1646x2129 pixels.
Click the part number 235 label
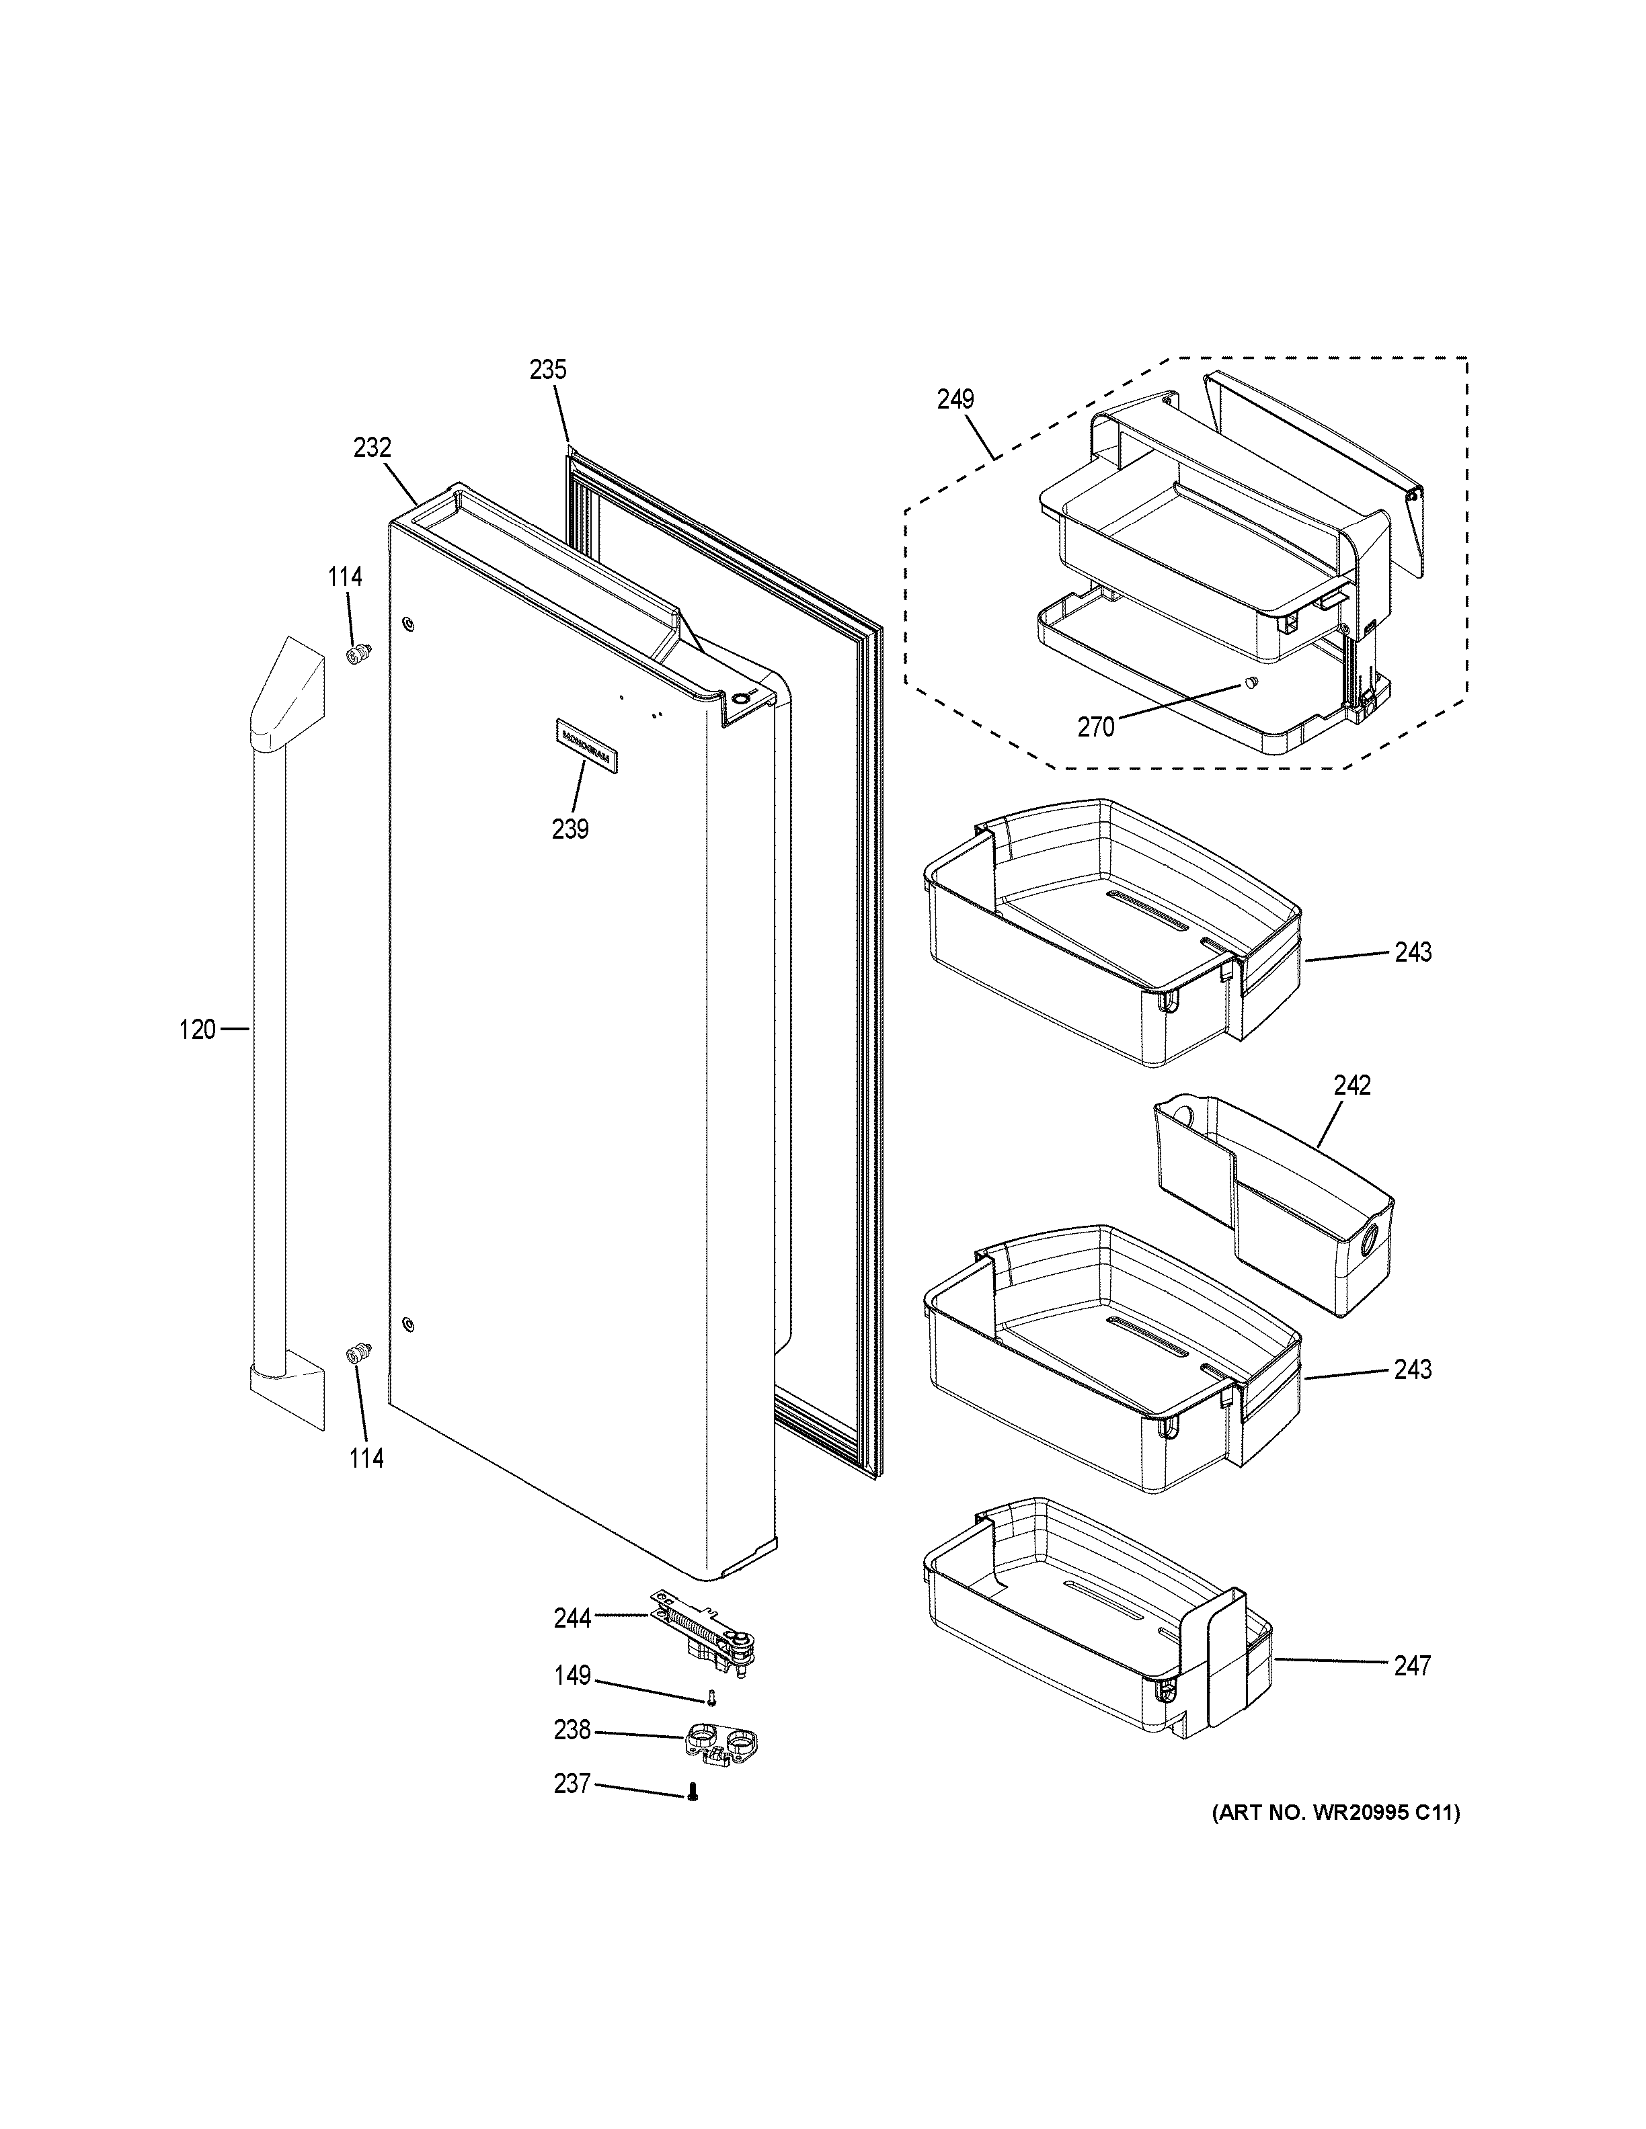tap(548, 370)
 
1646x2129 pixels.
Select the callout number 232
tap(372, 448)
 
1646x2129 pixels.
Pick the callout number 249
tap(955, 400)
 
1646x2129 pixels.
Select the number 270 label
tap(1096, 727)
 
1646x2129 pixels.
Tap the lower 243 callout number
tap(1412, 1370)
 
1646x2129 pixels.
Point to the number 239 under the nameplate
tap(570, 829)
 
